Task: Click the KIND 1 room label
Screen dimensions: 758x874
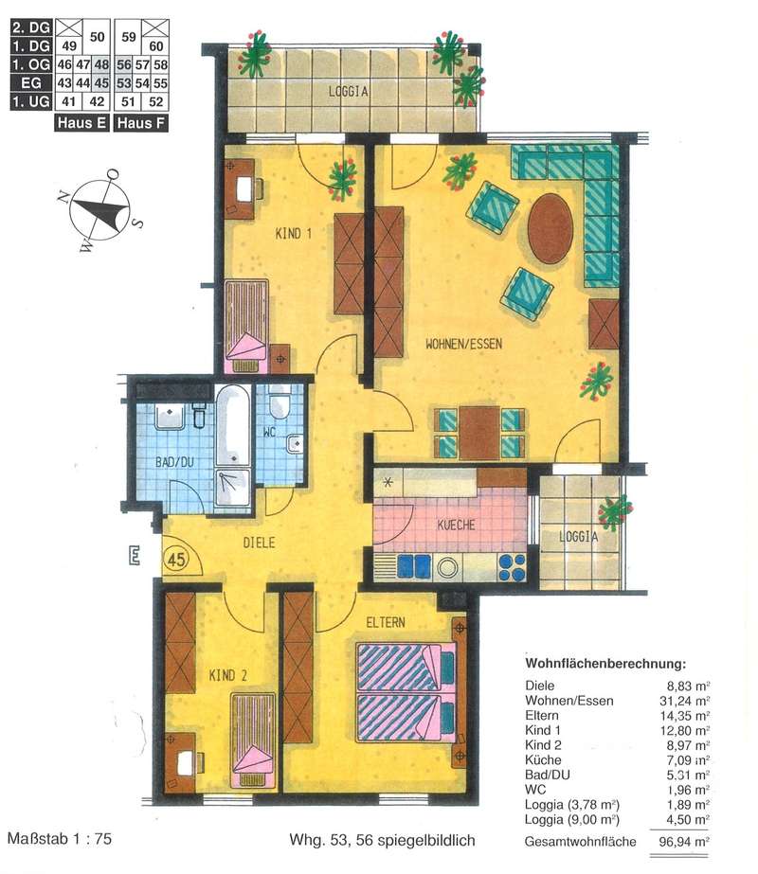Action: tap(294, 234)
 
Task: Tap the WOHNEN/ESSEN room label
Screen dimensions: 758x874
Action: tap(463, 344)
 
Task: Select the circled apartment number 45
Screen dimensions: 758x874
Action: tap(177, 559)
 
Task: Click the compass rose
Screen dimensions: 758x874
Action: tap(100, 211)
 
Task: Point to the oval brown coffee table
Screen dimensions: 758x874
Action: tap(550, 228)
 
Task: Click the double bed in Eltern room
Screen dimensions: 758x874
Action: tap(406, 692)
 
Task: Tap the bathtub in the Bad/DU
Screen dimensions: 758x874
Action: tap(232, 425)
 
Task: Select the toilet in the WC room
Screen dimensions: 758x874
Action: tap(279, 405)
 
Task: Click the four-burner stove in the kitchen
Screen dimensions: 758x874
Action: tap(512, 567)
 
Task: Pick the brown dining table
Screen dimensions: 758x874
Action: tap(479, 434)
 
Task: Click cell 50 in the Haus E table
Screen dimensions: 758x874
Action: tap(97, 37)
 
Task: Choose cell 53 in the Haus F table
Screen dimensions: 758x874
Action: tap(124, 83)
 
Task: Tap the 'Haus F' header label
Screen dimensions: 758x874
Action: tap(141, 123)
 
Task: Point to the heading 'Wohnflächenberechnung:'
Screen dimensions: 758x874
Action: tap(605, 664)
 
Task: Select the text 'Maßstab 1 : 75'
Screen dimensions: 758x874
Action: tap(60, 838)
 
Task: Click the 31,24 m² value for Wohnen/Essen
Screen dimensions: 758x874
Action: tap(684, 701)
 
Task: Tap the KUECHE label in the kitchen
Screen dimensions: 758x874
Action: tap(457, 525)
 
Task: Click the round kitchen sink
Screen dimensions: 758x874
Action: tap(447, 567)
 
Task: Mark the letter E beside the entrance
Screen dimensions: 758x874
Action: tap(134, 556)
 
